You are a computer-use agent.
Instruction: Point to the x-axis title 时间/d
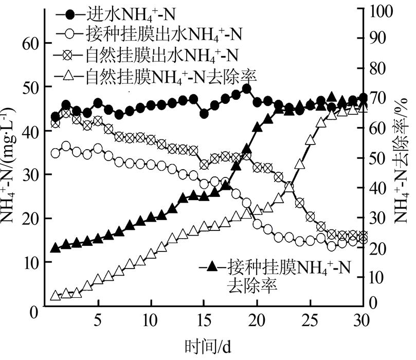click(x=211, y=344)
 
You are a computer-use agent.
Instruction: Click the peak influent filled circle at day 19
click(x=246, y=88)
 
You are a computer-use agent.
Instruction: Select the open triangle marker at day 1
click(x=56, y=296)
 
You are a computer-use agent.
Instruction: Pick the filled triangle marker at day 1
click(x=56, y=248)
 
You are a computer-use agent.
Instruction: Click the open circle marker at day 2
click(x=66, y=146)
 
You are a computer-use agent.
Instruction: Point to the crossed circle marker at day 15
click(x=204, y=165)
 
